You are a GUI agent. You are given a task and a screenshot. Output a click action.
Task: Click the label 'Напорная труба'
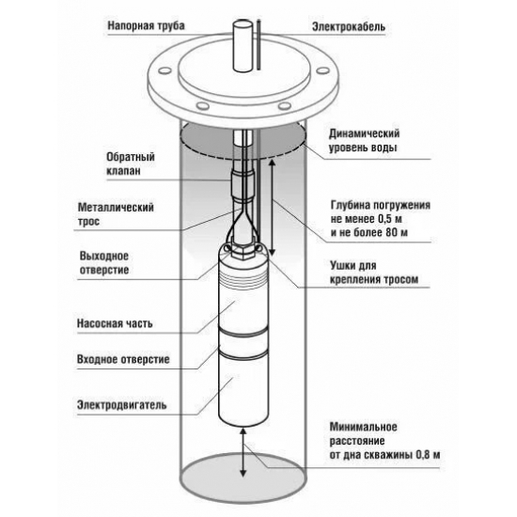coord(146,26)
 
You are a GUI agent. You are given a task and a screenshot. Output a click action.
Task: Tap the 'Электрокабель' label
coord(349,27)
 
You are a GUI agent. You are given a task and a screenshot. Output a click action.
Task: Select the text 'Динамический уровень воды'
coord(364,140)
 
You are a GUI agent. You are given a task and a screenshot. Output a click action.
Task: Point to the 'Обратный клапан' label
coord(131,164)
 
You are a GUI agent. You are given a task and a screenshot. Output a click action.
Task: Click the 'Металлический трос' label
coord(116,214)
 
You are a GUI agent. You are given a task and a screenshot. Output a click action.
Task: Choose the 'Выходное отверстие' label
coord(104,263)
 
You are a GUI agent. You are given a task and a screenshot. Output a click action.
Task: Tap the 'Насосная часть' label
coord(115,323)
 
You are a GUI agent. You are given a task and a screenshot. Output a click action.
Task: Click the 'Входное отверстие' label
coord(123,359)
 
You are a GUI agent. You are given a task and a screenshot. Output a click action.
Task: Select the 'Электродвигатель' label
coord(121,405)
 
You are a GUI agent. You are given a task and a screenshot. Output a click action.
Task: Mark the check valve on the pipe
coord(243,185)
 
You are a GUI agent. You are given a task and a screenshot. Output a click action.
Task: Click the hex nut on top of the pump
coord(243,250)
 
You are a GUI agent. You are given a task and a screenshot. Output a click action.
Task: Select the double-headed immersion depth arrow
coord(272,207)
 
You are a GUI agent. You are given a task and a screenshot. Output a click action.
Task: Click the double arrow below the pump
coord(243,452)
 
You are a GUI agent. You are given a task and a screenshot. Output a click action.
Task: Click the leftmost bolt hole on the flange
coord(164,70)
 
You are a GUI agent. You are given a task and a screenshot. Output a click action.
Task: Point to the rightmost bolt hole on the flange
coord(322,70)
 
